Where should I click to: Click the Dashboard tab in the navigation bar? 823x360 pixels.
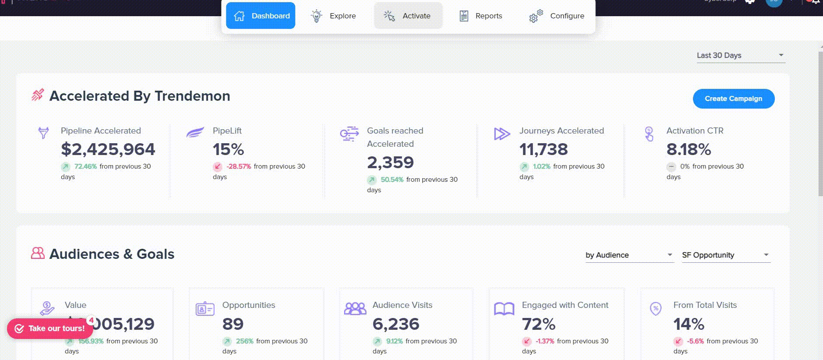tap(260, 16)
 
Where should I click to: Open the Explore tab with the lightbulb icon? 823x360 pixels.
tap(334, 16)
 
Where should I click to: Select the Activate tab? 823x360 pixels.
tap(408, 16)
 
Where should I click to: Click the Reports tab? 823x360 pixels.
tap(481, 16)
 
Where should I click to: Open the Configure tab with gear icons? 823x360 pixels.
tap(557, 16)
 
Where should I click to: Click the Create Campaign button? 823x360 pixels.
tap(733, 99)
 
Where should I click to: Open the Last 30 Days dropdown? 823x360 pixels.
tap(740, 55)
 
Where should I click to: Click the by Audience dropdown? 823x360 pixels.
tap(629, 255)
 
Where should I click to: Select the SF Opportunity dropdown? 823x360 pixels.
tap(725, 255)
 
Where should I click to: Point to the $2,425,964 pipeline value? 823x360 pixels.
tap(108, 149)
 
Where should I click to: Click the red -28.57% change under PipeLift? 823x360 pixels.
tap(239, 166)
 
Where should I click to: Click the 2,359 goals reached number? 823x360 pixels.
tap(390, 162)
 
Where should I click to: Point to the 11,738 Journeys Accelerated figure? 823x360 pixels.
tap(543, 149)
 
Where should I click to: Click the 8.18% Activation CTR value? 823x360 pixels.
tap(688, 149)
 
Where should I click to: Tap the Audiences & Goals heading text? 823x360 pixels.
tap(112, 254)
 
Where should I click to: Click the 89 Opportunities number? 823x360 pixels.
tap(232, 324)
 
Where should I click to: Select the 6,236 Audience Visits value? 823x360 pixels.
tap(396, 324)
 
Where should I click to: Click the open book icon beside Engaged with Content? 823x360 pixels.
tap(504, 309)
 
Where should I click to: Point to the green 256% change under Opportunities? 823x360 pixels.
tap(245, 341)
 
